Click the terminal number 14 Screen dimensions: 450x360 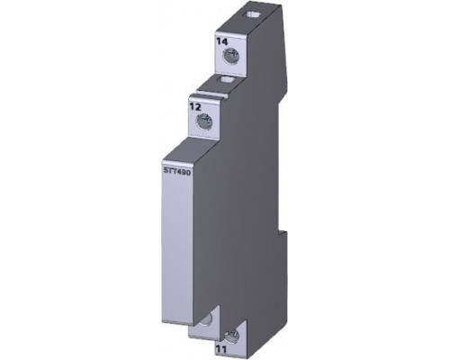pyautogui.click(x=222, y=41)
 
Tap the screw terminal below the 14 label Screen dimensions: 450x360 pyautogui.click(x=230, y=57)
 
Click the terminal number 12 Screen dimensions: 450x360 pyautogui.click(x=195, y=106)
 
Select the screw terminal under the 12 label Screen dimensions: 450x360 pyautogui.click(x=204, y=121)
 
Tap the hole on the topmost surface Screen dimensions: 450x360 pyautogui.click(x=252, y=14)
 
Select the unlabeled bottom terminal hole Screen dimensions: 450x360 pyautogui.click(x=206, y=319)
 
